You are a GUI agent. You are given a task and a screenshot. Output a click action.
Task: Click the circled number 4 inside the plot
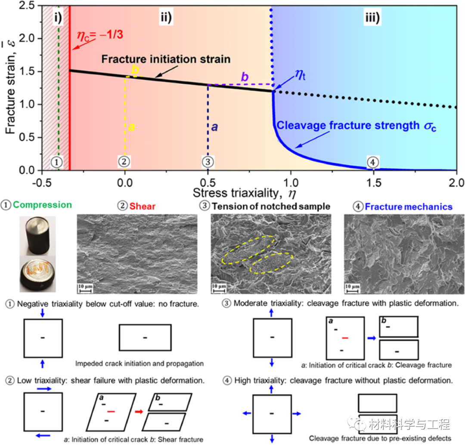pyautogui.click(x=373, y=162)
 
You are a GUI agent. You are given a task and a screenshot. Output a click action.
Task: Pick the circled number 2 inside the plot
pyautogui.click(x=124, y=162)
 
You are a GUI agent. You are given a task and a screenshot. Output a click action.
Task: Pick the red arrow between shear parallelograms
pyautogui.click(x=138, y=412)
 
